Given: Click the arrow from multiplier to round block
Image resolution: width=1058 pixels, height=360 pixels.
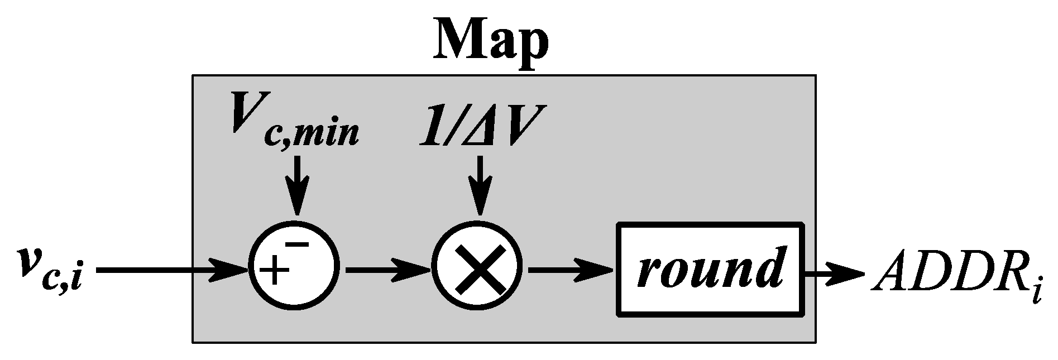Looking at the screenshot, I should (569, 270).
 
